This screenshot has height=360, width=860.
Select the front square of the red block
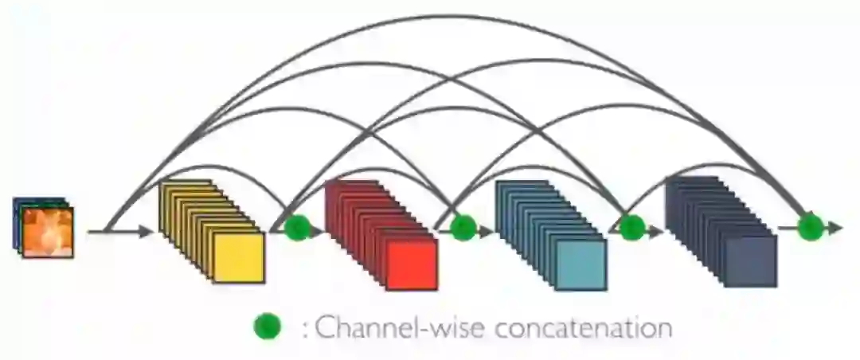point(411,264)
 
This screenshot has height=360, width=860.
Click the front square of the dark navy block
point(750,261)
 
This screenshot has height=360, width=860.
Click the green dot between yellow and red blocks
point(296,229)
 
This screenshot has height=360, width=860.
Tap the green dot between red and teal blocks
point(463,229)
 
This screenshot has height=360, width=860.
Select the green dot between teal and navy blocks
point(631,229)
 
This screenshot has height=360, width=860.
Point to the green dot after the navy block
point(810,227)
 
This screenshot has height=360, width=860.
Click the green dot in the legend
point(268,326)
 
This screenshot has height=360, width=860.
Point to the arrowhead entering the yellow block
point(145,232)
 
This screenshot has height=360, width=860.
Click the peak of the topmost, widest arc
point(458,16)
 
